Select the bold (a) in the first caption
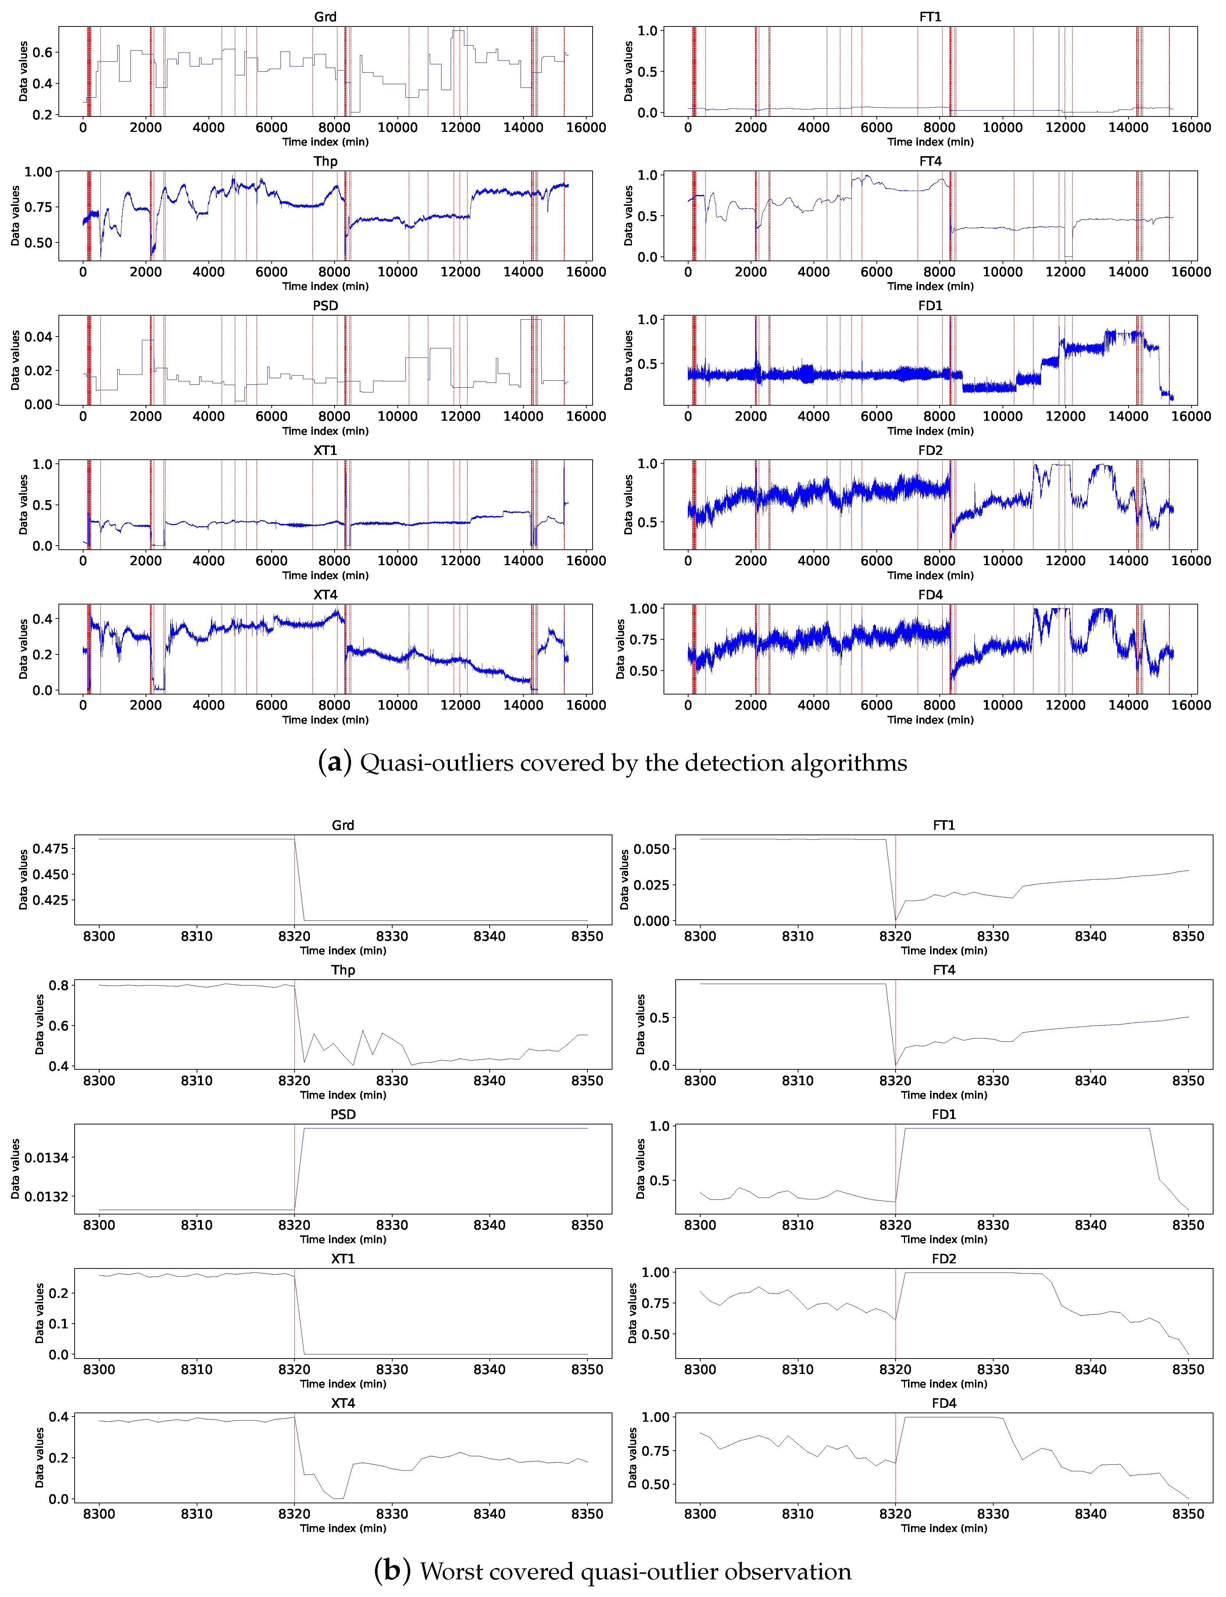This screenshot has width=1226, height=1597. (334, 762)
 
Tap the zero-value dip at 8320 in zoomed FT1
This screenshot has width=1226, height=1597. (896, 920)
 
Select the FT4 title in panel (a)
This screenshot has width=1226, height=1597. (930, 161)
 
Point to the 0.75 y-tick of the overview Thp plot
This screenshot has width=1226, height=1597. (38, 207)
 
